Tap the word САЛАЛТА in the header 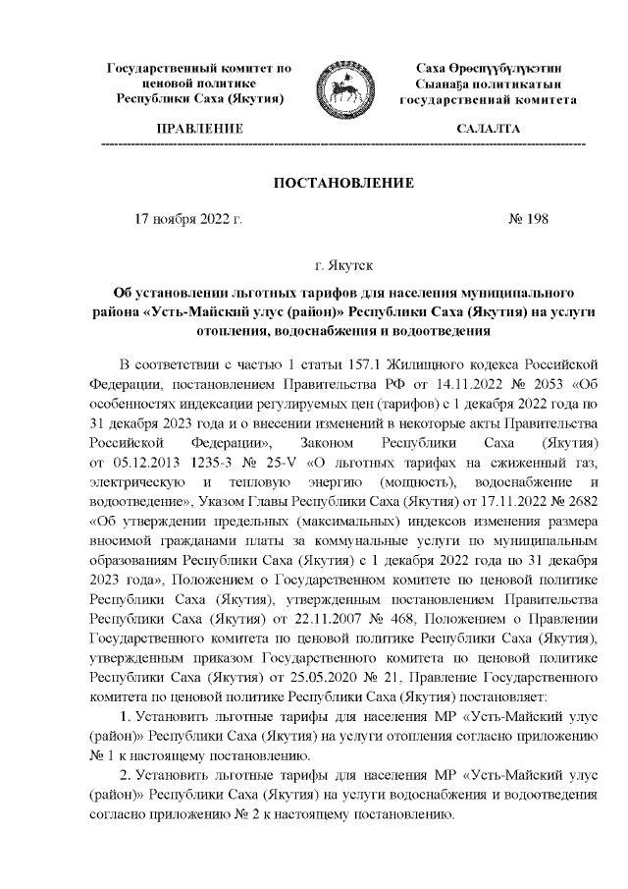(x=488, y=130)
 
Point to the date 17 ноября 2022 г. (x=187, y=220)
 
